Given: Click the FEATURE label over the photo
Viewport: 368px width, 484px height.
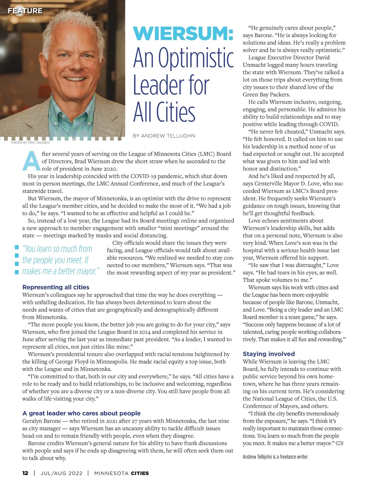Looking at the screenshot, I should click(25, 11).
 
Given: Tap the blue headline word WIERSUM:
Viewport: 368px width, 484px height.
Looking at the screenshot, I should click(183, 33).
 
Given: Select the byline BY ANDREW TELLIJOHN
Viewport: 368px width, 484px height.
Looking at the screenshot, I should click(164, 136).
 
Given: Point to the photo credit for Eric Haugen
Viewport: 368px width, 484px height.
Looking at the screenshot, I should click(30, 142).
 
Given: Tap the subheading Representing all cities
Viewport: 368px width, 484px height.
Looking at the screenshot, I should click(56, 287).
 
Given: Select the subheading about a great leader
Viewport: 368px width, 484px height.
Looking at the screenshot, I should click(82, 413).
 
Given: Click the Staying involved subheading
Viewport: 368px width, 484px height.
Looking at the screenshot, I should click(269, 354).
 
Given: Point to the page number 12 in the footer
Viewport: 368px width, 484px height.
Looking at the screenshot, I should click(25, 473).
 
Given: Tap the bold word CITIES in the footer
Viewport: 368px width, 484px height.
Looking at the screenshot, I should click(140, 473).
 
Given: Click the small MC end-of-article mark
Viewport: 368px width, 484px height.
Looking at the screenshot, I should click(339, 443).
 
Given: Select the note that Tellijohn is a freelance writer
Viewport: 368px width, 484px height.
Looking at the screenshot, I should click(275, 457).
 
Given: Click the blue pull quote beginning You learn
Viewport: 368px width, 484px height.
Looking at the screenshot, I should click(61, 260).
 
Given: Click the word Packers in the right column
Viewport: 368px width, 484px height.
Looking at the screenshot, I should click(279, 94).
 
